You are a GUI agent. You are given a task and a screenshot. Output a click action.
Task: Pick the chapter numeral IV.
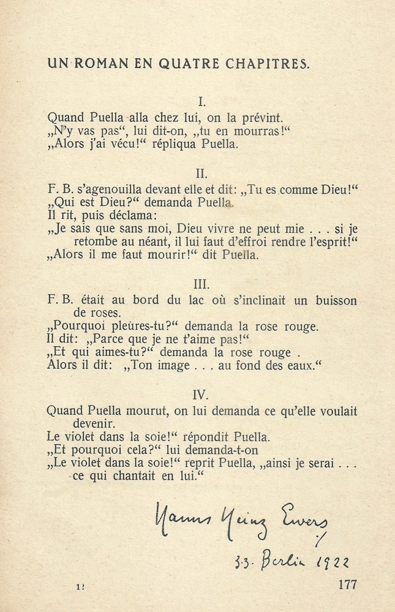[201, 395]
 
